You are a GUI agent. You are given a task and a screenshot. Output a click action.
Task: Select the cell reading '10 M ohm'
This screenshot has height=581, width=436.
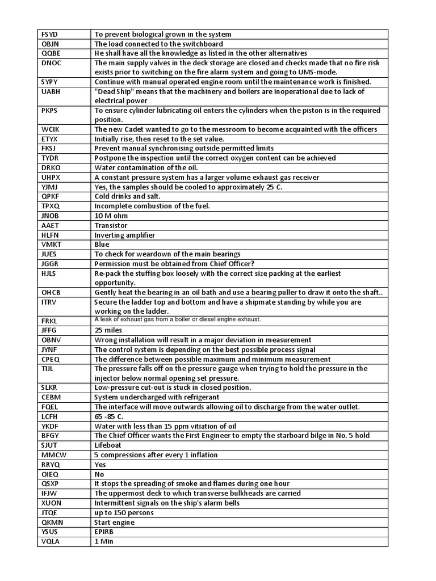[111, 216]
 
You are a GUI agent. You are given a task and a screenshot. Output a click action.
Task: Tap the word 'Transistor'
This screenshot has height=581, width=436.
[111, 225]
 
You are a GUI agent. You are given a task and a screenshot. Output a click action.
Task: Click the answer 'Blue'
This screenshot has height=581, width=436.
[102, 245]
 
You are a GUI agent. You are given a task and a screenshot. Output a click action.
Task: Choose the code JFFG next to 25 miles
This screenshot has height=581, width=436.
[49, 330]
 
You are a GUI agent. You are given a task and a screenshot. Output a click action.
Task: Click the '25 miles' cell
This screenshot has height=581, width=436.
[108, 330]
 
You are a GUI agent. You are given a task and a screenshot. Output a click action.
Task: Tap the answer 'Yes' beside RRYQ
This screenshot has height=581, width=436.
[100, 465]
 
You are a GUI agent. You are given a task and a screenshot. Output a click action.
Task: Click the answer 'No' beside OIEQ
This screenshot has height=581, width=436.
[99, 474]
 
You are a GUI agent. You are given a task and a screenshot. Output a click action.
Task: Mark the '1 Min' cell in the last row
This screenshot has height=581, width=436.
[104, 542]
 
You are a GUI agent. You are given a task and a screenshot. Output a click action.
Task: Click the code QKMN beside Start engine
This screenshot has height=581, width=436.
[51, 522]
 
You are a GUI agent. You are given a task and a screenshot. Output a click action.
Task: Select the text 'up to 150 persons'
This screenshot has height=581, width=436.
[124, 512]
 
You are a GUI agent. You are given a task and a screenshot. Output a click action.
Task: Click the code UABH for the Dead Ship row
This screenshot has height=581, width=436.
[51, 91]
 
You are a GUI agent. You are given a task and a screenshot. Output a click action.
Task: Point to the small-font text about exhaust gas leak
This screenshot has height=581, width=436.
[177, 320]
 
